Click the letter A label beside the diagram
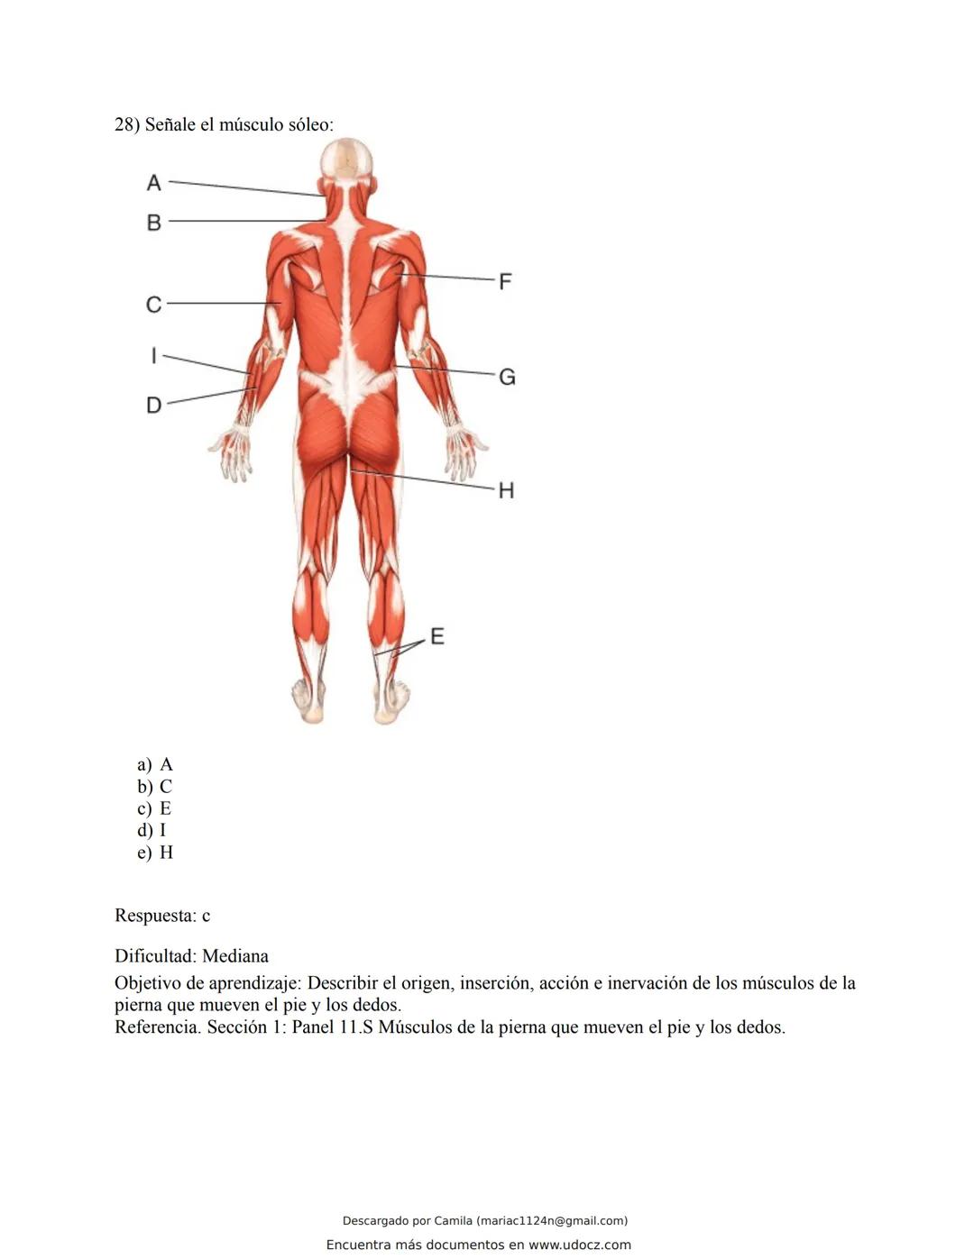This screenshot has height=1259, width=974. point(154,183)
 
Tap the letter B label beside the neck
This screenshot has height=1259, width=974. point(154,222)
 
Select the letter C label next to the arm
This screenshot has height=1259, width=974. point(154,305)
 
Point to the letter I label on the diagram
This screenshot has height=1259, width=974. point(153,356)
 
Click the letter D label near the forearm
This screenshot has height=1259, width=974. point(154,406)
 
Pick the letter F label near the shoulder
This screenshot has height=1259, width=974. point(505,281)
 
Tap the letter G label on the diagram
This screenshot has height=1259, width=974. point(507,377)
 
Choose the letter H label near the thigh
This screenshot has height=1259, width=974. point(506,490)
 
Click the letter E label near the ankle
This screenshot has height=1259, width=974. point(437,636)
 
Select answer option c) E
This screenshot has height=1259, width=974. point(155,808)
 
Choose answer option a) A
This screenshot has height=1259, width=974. point(155,764)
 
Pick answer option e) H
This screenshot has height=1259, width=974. point(155,853)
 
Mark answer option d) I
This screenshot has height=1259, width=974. point(152,830)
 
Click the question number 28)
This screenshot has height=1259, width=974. point(127,124)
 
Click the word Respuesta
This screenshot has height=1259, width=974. point(154,916)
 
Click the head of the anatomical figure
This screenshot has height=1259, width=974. point(346,160)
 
